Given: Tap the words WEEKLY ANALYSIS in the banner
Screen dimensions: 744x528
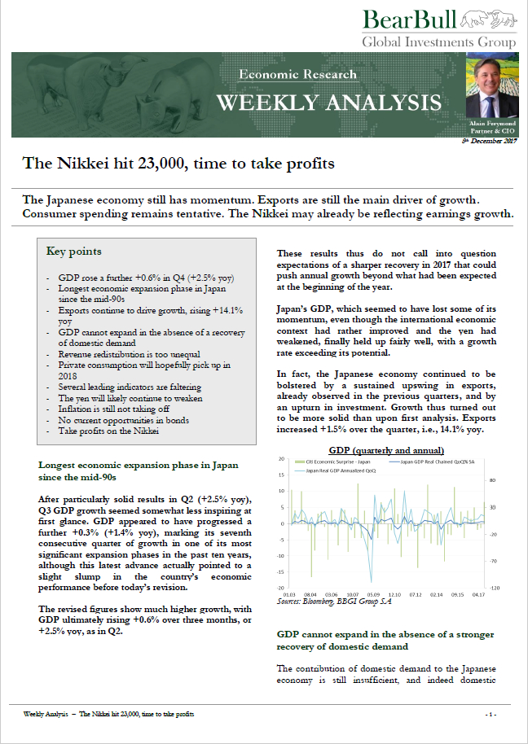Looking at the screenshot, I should coord(328,103).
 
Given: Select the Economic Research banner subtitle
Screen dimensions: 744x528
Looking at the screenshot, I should coord(297,74).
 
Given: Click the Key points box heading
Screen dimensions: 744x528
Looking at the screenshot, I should coord(73,252).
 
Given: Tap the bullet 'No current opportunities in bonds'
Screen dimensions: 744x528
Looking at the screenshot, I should coord(118,419).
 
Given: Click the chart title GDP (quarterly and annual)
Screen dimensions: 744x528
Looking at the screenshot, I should coord(385,450).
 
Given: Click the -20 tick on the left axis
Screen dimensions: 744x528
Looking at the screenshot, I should coord(279,588).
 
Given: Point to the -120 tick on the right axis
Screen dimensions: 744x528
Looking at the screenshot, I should coord(494,588).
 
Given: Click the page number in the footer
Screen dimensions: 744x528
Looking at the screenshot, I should coord(491,714).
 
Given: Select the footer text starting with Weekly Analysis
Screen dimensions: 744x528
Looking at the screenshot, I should coord(109,714).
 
